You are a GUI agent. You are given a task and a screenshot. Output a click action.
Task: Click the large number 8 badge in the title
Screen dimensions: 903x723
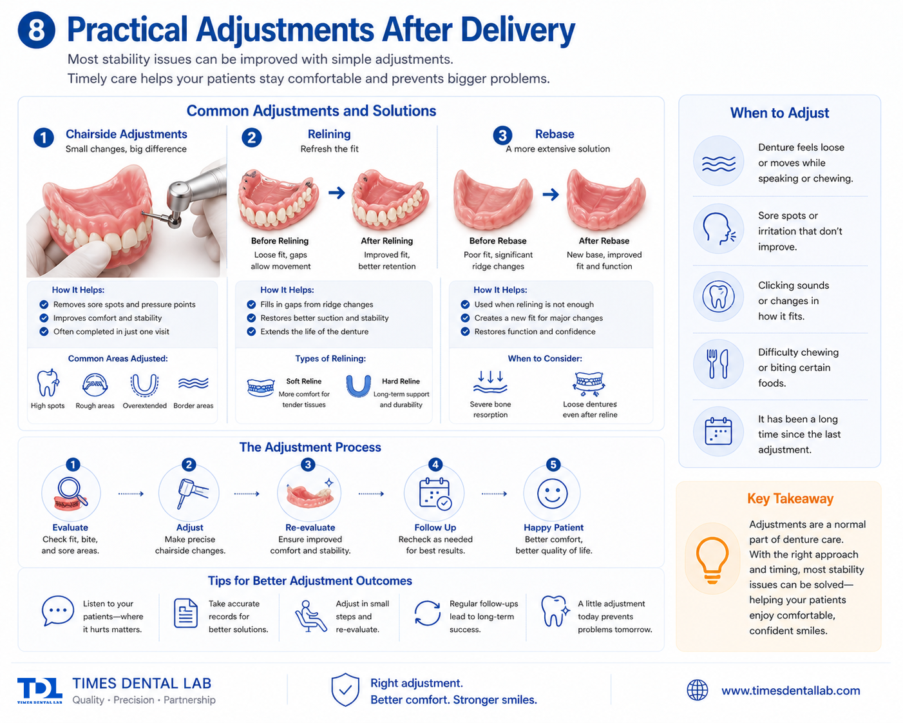(37, 30)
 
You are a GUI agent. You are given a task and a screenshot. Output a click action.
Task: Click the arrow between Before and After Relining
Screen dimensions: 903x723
(336, 193)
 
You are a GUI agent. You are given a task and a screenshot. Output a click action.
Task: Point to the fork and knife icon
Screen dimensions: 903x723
(718, 363)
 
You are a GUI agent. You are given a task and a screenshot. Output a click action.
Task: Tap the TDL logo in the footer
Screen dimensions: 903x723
(40, 690)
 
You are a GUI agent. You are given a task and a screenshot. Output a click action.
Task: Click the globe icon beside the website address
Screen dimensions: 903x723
(698, 690)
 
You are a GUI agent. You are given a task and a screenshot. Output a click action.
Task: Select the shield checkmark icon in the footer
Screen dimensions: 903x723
(345, 690)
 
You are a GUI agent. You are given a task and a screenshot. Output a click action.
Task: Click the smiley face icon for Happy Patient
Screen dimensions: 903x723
(552, 494)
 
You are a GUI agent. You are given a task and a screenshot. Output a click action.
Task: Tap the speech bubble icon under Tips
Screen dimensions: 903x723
(58, 612)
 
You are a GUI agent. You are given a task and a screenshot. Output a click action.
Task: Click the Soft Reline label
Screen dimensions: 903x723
(304, 381)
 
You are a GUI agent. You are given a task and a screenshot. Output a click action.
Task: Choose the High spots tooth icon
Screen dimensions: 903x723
(48, 383)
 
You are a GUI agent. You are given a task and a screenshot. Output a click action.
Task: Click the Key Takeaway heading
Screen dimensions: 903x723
(790, 498)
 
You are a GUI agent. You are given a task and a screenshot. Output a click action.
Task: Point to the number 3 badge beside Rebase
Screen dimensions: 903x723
(502, 135)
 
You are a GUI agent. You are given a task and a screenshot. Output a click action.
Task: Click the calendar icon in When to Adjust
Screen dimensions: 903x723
(718, 432)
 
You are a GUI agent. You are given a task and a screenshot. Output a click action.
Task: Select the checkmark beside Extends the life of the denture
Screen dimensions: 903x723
(251, 332)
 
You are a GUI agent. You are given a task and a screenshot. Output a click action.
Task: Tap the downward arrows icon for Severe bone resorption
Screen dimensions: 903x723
(490, 381)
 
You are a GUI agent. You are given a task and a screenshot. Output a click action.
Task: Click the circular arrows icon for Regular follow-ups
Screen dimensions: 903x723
(428, 613)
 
